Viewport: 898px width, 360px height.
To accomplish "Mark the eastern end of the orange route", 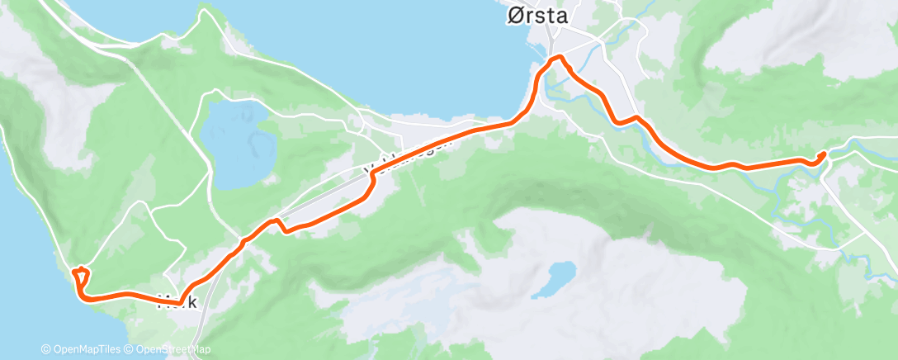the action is [x=823, y=154].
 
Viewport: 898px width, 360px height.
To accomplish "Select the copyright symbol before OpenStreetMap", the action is [x=130, y=349].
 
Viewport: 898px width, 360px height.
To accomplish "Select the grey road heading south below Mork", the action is [x=201, y=330].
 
